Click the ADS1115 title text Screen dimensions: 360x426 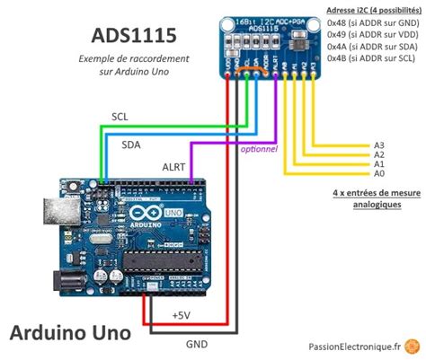[136, 35]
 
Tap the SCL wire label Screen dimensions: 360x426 [120, 117]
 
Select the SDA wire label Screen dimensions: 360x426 [131, 143]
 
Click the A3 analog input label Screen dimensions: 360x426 [378, 145]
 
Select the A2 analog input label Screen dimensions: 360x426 [378, 154]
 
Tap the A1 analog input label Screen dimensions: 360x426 [378, 164]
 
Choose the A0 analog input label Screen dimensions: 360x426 [378, 174]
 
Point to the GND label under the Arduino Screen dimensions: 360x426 [196, 344]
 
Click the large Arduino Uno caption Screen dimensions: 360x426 [70, 332]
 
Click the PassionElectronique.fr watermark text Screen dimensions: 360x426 [353, 346]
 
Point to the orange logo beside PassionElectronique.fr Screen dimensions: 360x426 [412, 345]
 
